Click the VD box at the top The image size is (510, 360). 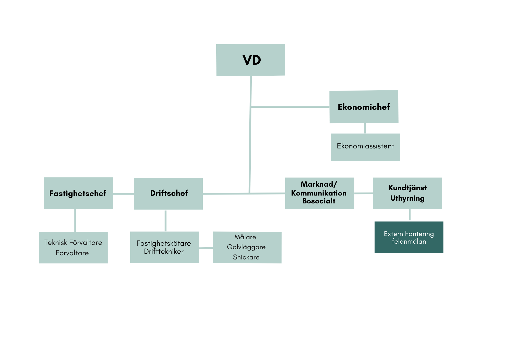point(251,60)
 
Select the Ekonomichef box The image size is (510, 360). point(364,107)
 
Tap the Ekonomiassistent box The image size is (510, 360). point(365,147)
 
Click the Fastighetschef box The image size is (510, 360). point(79,193)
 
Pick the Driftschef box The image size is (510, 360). point(168,193)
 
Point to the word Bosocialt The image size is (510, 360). point(319,201)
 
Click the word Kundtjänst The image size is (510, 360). point(407,188)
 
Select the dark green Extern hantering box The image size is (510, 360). point(409,237)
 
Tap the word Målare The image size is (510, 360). point(245,237)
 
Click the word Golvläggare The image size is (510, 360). point(246,247)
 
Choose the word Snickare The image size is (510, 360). point(246,257)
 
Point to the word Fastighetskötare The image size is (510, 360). point(164,243)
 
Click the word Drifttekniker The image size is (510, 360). point(164,252)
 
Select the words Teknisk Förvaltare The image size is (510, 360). point(73,242)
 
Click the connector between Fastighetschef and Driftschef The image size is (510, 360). point(123,194)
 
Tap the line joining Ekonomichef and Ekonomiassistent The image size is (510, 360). point(365,128)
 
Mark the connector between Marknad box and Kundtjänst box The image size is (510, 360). point(364,193)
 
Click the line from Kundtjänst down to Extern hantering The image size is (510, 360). point(410,215)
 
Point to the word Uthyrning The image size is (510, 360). point(407,198)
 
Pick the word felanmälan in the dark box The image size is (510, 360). point(409,242)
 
